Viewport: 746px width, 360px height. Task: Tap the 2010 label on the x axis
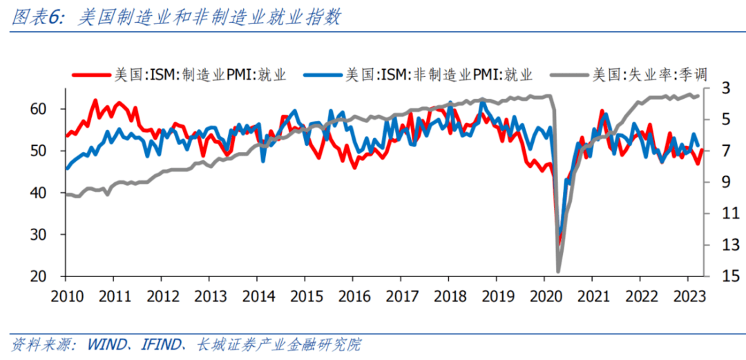click(66, 296)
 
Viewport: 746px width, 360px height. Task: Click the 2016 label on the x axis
click(352, 296)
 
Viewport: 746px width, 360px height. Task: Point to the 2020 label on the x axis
click(543, 296)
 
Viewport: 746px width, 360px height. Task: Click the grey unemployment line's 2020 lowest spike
click(558, 271)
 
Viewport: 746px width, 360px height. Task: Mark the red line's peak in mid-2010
click(95, 101)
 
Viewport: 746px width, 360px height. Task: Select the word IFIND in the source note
click(163, 343)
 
